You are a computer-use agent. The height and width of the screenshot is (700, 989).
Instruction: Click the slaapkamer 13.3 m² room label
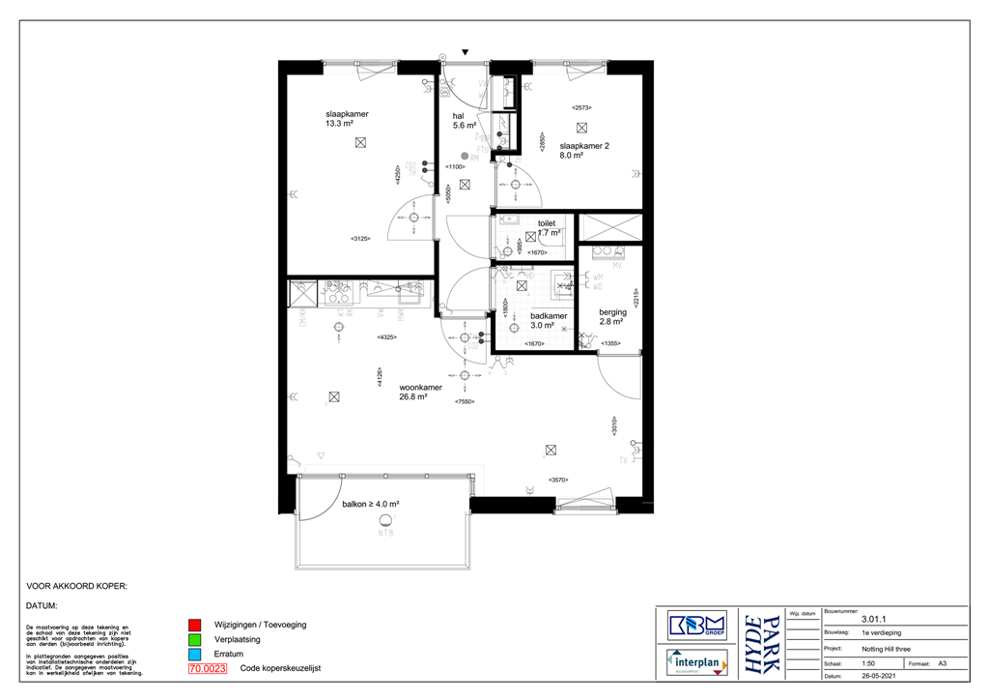[346, 119]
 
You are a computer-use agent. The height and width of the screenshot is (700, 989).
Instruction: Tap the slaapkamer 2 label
[584, 151]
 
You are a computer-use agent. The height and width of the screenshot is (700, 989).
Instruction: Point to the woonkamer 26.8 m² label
[421, 392]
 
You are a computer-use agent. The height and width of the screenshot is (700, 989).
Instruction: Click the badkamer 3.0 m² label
[548, 321]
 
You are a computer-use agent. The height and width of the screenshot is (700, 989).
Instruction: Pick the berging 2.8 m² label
[612, 317]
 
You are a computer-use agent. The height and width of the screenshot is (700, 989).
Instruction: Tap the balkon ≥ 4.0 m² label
[371, 504]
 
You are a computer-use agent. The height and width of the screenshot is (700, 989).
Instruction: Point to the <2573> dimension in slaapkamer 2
[581, 107]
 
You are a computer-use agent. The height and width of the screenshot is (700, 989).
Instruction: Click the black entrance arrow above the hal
[466, 52]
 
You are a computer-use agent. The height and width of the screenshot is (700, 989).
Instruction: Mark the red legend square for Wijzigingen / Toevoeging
[194, 625]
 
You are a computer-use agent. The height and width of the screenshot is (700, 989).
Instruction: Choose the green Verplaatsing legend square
[194, 639]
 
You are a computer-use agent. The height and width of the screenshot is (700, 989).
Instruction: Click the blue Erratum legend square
[194, 654]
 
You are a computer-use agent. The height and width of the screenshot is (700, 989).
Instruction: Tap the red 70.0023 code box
[208, 668]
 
